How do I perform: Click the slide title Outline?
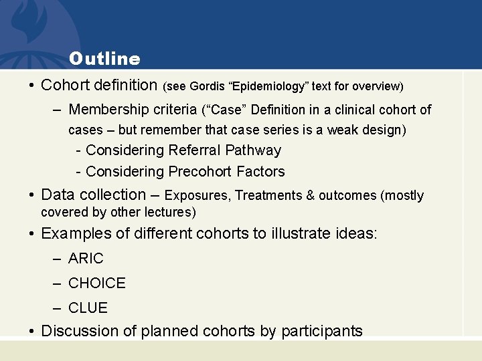click(x=104, y=59)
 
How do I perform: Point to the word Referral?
click(x=196, y=150)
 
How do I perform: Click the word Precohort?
click(x=199, y=172)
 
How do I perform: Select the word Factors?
click(x=260, y=172)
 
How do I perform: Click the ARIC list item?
click(x=86, y=259)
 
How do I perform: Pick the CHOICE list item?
click(x=96, y=283)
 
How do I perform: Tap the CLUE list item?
click(x=88, y=308)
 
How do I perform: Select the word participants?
click(x=322, y=331)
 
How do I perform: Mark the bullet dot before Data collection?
click(x=31, y=195)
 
